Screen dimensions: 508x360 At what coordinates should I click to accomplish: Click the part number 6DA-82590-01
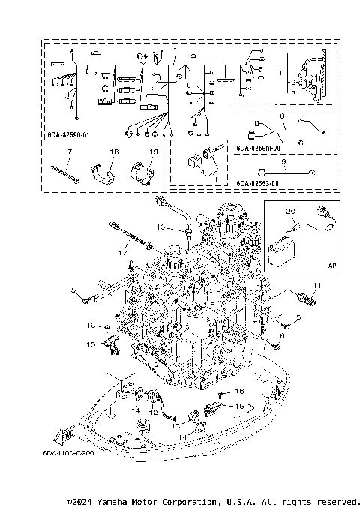[68, 136]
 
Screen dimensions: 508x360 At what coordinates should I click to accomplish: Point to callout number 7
[68, 152]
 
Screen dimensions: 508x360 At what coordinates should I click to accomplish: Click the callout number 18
[114, 152]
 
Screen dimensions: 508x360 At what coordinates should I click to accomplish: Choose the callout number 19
[153, 152]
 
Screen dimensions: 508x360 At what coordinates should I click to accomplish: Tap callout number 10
[160, 227]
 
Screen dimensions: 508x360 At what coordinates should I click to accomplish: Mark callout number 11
[316, 285]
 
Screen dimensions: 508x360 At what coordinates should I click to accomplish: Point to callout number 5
[297, 318]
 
